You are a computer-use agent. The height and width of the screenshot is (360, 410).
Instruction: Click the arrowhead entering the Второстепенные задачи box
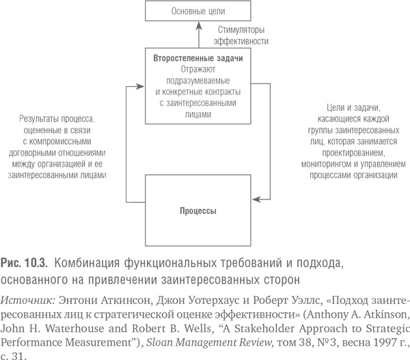pos(141,85)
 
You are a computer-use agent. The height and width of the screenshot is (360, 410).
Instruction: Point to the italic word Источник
pos(27,299)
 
